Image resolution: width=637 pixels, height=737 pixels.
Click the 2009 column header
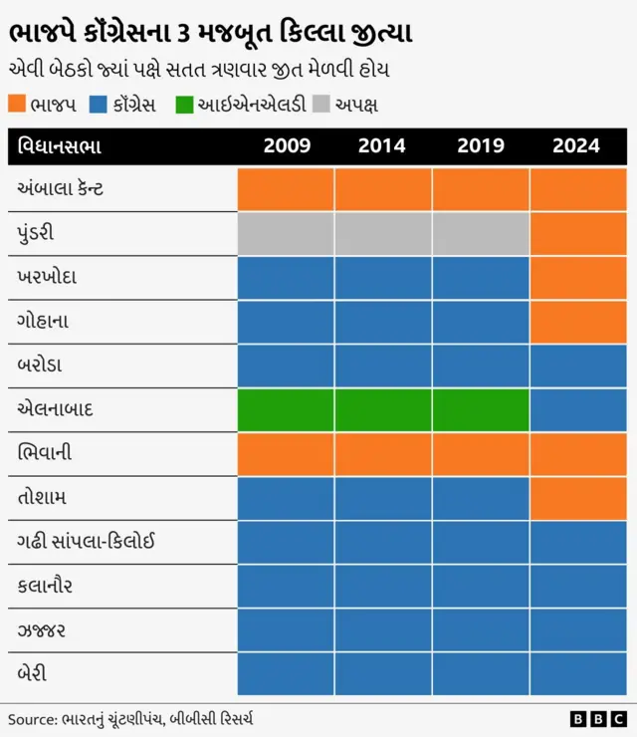click(287, 145)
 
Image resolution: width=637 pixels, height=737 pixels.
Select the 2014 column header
click(382, 145)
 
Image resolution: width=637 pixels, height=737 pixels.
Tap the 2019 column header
click(481, 145)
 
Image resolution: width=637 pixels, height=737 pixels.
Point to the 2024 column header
click(576, 145)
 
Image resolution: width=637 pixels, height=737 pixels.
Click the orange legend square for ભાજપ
click(17, 104)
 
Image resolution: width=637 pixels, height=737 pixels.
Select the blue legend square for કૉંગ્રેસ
click(97, 104)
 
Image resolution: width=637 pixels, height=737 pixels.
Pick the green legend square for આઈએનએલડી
click(184, 104)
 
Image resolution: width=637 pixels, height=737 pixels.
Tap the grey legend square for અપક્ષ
click(320, 104)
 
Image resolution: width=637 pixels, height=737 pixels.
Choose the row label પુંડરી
click(36, 233)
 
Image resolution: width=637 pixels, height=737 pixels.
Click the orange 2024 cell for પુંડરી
click(578, 233)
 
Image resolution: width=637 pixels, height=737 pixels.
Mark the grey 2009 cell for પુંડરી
click(286, 233)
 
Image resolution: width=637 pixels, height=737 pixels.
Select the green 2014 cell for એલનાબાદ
click(382, 409)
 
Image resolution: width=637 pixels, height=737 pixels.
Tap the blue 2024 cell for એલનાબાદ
click(578, 409)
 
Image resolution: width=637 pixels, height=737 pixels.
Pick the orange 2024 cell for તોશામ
click(578, 497)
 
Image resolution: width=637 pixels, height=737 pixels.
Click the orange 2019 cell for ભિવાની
click(481, 453)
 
